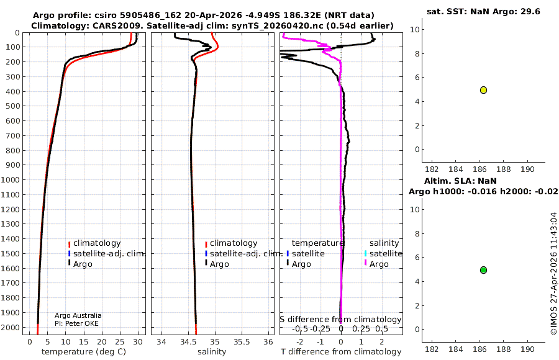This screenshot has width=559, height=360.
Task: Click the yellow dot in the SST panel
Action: pos(483,90)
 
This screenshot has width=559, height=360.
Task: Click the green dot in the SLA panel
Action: pos(483,270)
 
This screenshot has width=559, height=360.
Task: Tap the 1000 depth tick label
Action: pos(10,179)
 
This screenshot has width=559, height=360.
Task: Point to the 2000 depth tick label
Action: pos(10,327)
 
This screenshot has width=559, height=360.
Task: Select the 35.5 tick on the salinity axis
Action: pos(242,342)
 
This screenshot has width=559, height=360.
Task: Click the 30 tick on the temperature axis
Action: pos(138,342)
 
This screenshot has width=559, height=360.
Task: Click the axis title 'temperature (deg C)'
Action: pos(84,352)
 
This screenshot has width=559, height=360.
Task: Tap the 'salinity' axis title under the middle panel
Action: pos(212,352)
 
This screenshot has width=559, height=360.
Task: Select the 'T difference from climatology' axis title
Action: pos(341,352)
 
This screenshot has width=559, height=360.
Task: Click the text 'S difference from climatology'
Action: pos(340,320)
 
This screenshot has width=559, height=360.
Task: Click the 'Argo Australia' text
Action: pos(78,315)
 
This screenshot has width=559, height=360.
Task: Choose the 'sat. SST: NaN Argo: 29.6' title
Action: pos(483,11)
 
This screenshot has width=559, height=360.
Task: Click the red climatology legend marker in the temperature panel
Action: pos(69,244)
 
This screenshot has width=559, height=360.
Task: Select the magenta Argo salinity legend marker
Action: pos(365,263)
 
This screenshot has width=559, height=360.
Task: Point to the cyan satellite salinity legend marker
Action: pos(365,254)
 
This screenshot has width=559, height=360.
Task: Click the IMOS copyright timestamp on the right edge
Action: pos(553,273)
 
